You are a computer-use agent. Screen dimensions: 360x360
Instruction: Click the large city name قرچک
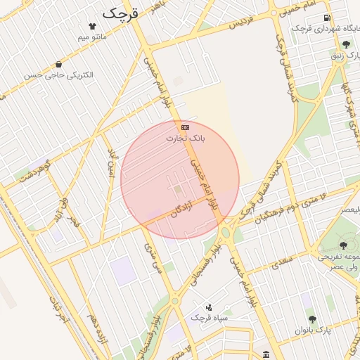pyautogui.click(x=122, y=12)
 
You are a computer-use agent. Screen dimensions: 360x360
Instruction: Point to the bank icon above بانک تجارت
pyautogui.click(x=185, y=127)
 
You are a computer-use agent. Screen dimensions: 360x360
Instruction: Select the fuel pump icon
pyautogui.click(x=326, y=18)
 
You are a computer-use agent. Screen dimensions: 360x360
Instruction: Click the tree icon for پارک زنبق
pyautogui.click(x=346, y=44)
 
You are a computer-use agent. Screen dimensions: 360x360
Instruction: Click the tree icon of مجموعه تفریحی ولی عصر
pyautogui.click(x=342, y=245)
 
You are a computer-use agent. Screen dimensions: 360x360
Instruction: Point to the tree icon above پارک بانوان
pyautogui.click(x=312, y=319)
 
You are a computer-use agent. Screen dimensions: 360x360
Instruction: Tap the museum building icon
pyautogui.click(x=265, y=354)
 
